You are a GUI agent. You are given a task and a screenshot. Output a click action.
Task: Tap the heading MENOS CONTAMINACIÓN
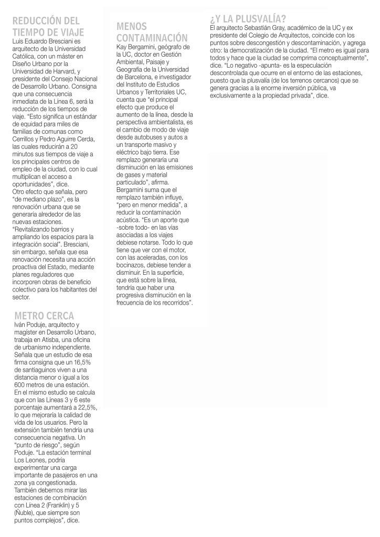point(152,32)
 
